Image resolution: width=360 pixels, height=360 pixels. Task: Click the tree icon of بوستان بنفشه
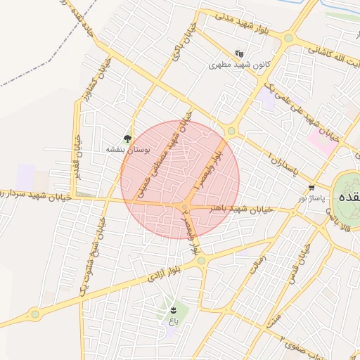coord(127,139)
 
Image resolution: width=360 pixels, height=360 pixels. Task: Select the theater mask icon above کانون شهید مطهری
coord(240,53)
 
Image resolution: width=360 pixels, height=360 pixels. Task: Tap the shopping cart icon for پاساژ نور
coord(311,188)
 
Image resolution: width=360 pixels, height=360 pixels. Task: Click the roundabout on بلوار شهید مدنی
coord(288,38)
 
